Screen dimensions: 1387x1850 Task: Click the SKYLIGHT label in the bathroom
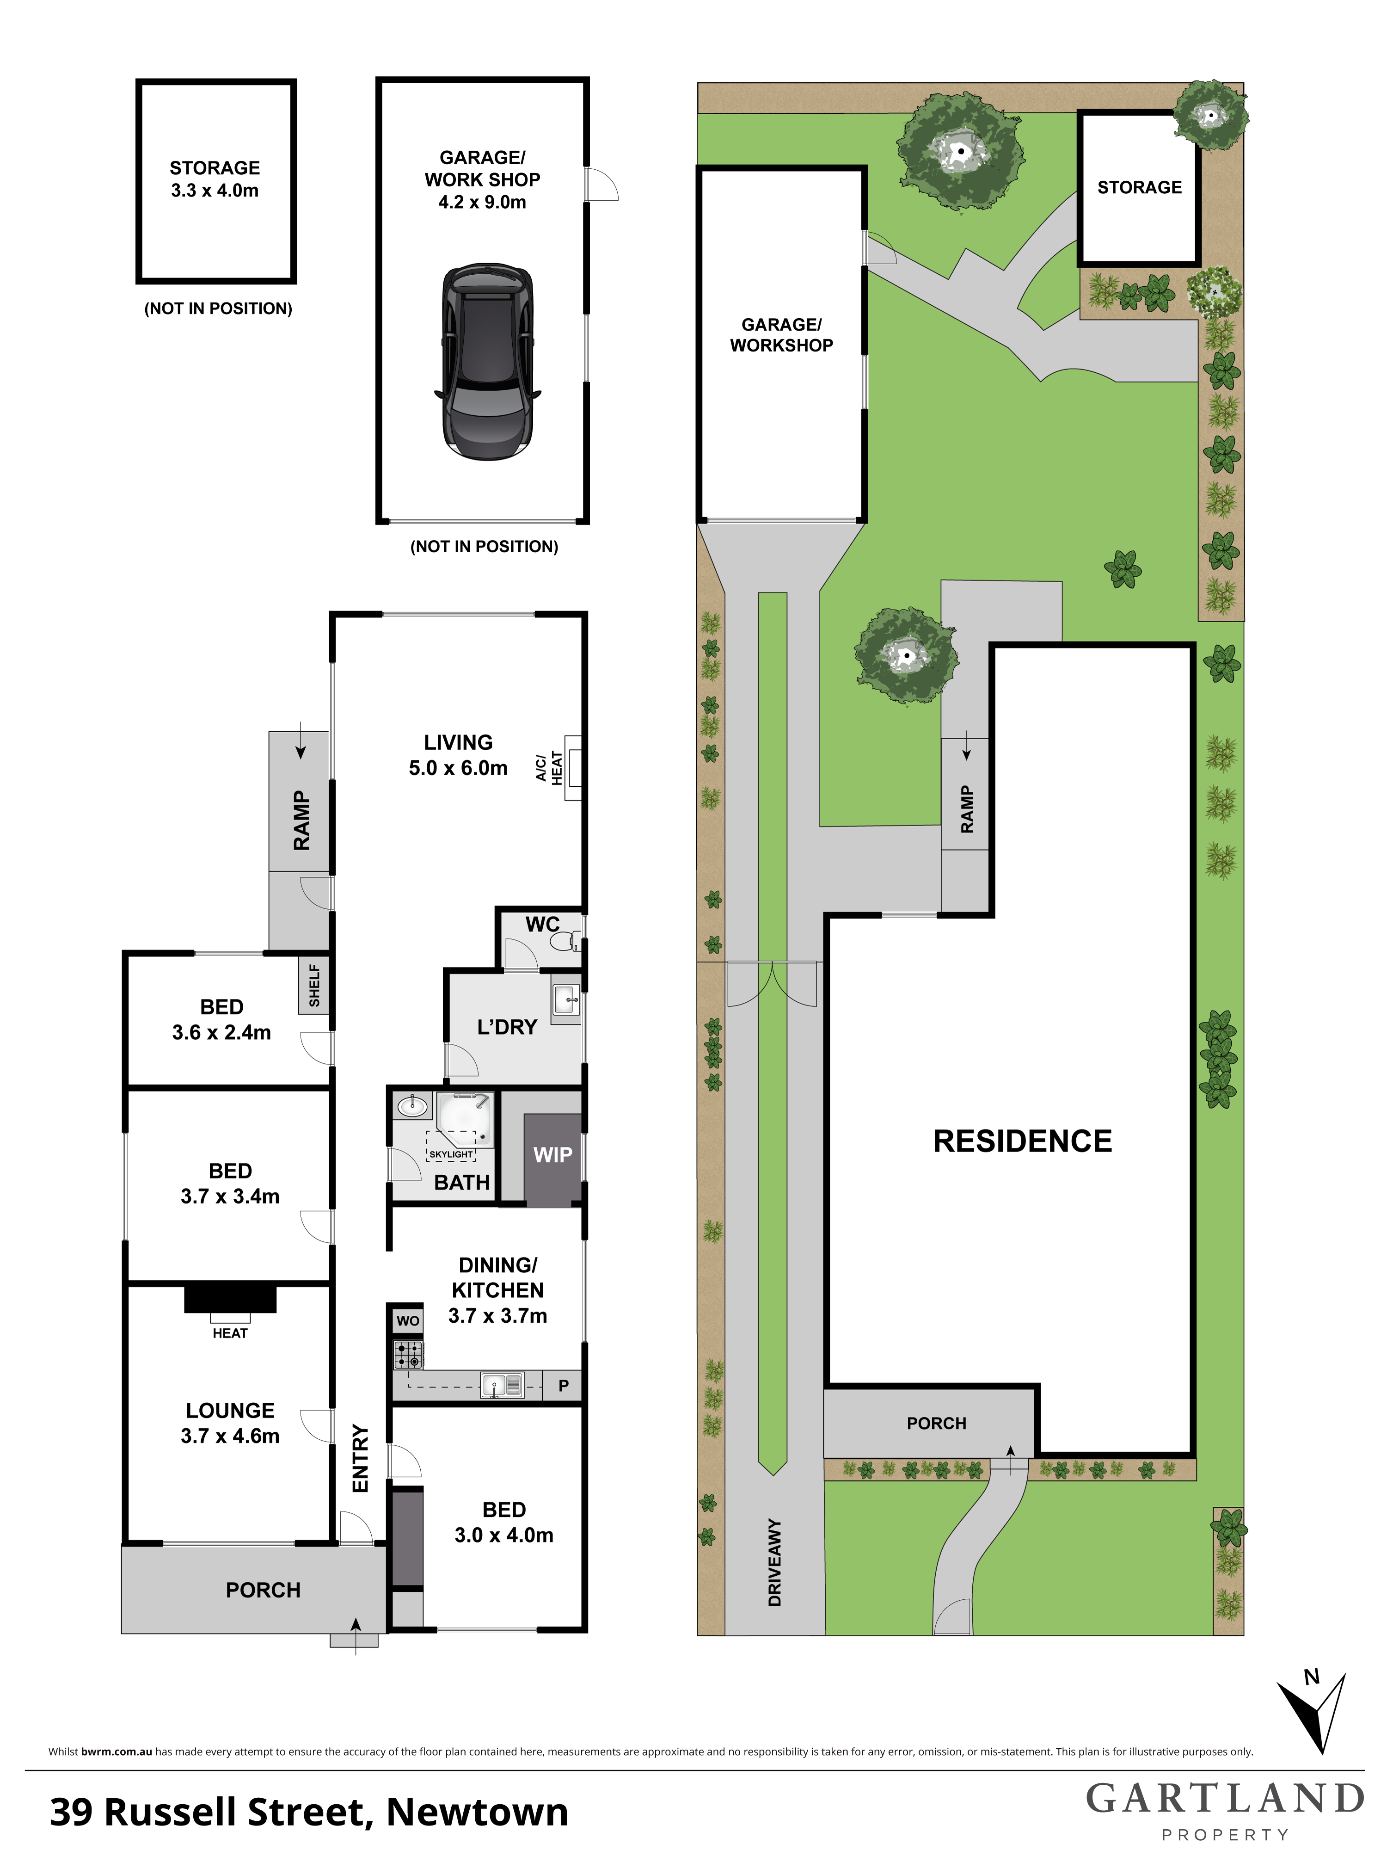click(451, 1154)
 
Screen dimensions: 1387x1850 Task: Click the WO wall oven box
click(408, 1320)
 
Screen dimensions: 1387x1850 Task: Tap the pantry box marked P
click(563, 1386)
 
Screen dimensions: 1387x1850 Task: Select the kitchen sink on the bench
click(502, 1386)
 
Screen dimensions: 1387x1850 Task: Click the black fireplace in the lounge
click(230, 1298)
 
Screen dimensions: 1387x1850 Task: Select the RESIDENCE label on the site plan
click(1023, 1141)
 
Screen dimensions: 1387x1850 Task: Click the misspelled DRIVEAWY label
click(774, 1562)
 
